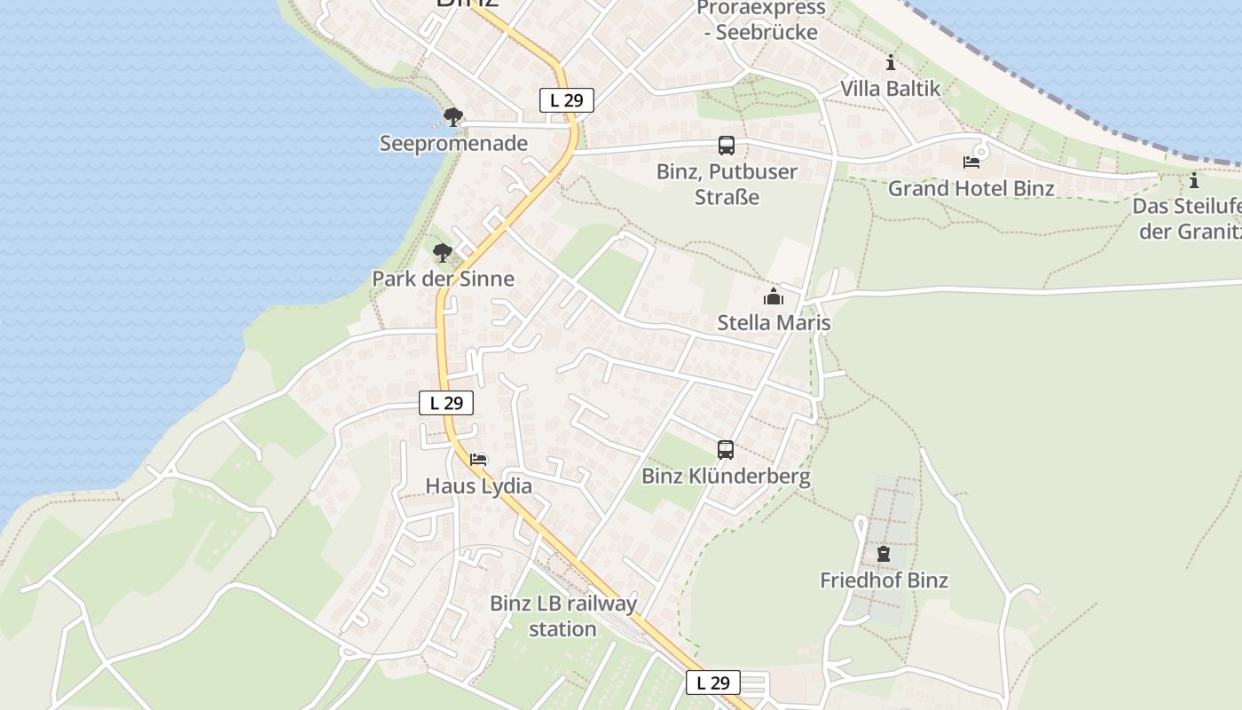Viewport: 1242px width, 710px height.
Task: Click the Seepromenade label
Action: (x=453, y=143)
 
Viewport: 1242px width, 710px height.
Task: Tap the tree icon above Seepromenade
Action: (x=453, y=116)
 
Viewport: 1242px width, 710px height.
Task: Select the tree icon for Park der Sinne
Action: (x=443, y=253)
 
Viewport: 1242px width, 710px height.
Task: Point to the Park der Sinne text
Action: (x=443, y=279)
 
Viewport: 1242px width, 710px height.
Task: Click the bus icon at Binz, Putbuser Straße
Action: (x=727, y=146)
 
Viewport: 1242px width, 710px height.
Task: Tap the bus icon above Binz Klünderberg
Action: (x=726, y=450)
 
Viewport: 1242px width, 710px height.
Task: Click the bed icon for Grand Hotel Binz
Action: (x=971, y=162)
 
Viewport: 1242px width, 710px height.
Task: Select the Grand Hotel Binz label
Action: (x=971, y=188)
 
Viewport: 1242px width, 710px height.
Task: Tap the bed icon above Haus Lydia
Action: (x=479, y=460)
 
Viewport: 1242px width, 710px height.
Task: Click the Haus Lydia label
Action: (x=479, y=486)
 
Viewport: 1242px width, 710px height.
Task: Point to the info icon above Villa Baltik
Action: (x=891, y=63)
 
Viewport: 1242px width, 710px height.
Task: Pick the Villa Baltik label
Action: (x=891, y=89)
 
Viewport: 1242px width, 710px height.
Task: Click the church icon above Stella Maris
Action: (x=774, y=296)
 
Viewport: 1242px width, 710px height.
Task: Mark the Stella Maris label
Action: (x=774, y=322)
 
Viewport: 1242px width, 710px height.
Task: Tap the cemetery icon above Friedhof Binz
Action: (x=884, y=555)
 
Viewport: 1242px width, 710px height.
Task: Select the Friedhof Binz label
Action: (x=884, y=580)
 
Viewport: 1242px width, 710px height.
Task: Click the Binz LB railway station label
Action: (x=563, y=616)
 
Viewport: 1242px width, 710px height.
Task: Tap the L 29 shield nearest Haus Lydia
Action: (x=446, y=403)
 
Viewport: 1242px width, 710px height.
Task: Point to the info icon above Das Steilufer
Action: (x=1194, y=181)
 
